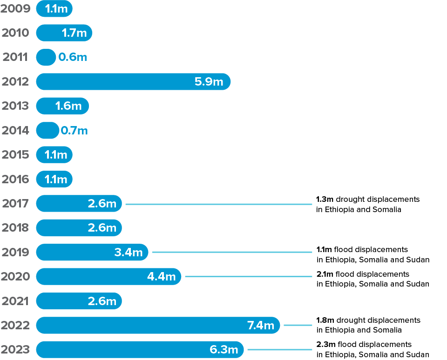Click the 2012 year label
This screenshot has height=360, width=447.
click(15, 82)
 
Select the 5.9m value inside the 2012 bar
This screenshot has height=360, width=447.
click(209, 82)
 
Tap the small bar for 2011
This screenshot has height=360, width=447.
click(46, 57)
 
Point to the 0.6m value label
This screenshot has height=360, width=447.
click(73, 57)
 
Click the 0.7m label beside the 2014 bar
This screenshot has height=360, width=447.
click(74, 131)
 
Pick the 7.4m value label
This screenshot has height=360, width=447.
click(260, 325)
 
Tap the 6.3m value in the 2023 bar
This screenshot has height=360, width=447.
click(224, 349)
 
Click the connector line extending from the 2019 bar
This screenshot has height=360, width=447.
click(233, 252)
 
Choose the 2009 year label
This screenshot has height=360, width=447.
click(15, 9)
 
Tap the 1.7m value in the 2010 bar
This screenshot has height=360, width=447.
click(74, 33)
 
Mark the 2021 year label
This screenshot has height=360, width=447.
click(15, 301)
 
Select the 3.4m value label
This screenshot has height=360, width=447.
click(129, 252)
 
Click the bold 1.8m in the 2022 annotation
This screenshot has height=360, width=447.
click(325, 320)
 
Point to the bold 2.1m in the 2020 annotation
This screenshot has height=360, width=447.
click(325, 274)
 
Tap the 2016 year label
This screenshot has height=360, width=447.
click(15, 179)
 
